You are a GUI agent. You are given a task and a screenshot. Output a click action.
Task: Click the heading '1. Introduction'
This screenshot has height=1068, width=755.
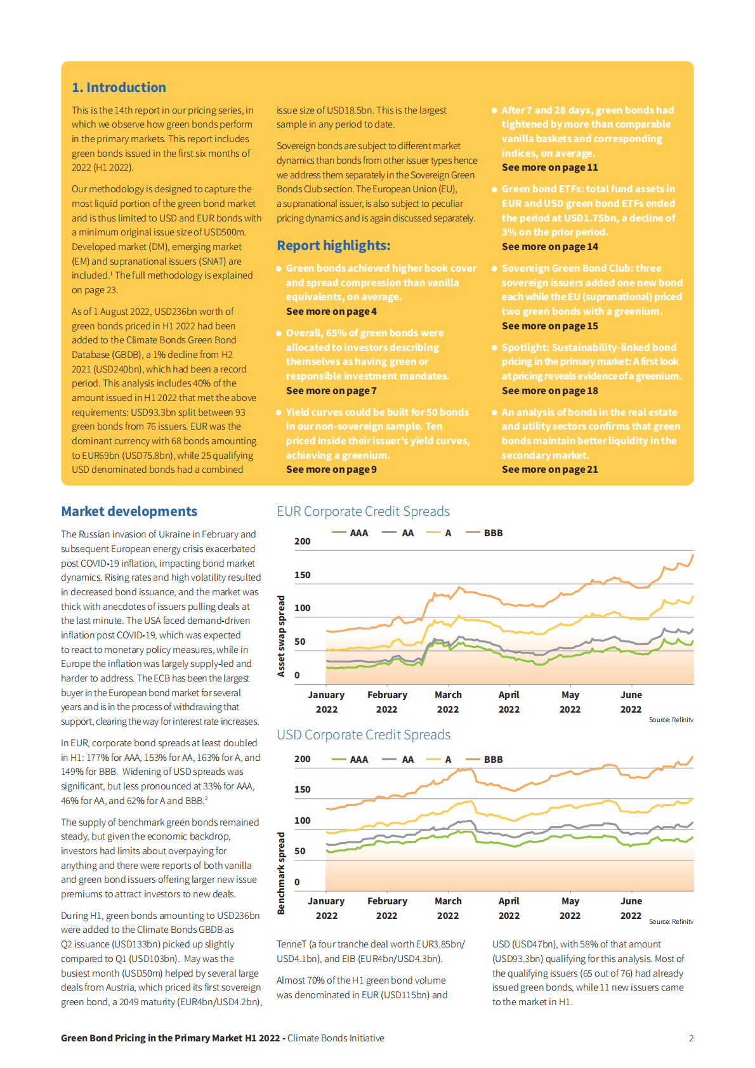(x=119, y=88)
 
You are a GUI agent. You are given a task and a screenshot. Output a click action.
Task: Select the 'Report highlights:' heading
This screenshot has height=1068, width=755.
(x=333, y=246)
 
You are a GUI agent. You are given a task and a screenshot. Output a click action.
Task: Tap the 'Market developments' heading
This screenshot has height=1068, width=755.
(x=129, y=511)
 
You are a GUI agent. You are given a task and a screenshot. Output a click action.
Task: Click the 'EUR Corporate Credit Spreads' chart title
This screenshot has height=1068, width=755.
(x=363, y=511)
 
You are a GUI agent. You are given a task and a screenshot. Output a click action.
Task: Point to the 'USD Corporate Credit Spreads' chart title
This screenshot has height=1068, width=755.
(x=364, y=735)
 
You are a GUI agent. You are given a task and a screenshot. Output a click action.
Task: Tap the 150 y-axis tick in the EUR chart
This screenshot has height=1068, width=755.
(x=302, y=575)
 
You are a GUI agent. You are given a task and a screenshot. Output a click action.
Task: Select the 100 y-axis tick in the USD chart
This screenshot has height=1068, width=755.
(x=302, y=821)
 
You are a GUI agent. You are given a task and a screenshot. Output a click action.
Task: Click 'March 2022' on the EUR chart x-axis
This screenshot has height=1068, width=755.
(x=448, y=702)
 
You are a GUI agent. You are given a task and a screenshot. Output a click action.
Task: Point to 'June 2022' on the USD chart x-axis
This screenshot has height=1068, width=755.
(x=631, y=908)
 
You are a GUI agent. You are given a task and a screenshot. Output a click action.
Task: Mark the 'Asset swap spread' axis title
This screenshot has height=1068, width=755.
(x=281, y=636)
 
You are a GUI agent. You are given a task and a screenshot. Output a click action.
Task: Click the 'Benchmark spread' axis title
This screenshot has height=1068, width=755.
(x=281, y=873)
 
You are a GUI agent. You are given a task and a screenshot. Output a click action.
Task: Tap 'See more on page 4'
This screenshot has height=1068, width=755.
(x=331, y=312)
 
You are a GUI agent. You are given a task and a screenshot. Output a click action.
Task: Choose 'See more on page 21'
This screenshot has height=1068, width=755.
(x=549, y=470)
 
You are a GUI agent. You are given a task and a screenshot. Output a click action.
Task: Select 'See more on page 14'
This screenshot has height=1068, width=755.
(x=549, y=247)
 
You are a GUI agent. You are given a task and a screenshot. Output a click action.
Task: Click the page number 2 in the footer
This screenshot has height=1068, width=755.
(x=691, y=1038)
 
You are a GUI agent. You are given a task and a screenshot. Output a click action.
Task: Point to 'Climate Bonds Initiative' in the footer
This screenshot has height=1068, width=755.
(x=336, y=1038)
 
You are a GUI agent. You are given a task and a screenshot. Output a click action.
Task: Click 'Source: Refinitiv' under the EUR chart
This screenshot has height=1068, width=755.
(x=671, y=720)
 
